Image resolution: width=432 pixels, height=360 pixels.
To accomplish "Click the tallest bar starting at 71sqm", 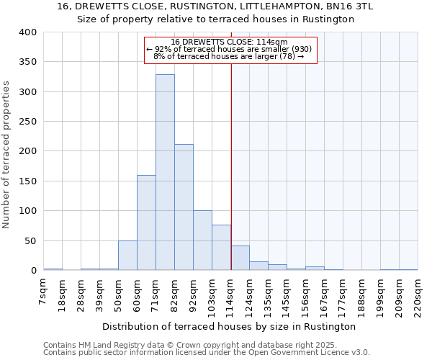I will (x=165, y=173).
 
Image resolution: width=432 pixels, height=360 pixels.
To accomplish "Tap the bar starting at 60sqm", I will (x=146, y=222).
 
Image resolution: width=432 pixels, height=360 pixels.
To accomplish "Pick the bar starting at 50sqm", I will (x=127, y=256).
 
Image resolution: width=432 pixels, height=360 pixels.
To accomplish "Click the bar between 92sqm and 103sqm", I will (x=202, y=240).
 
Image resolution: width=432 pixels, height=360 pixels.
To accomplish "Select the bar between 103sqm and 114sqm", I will (x=221, y=248).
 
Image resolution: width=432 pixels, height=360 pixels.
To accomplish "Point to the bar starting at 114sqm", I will (x=240, y=258).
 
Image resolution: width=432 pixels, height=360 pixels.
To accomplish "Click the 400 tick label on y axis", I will (x=27, y=32).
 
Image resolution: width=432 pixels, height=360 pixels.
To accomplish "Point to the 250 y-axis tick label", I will (x=27, y=122).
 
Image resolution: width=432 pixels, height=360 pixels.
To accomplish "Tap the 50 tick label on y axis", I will (x=30, y=240).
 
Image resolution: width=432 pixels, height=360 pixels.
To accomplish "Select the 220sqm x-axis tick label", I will (x=418, y=294).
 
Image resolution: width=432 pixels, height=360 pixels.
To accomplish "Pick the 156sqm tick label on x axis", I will (x=306, y=294).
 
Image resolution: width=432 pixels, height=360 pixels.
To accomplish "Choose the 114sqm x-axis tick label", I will (x=231, y=294).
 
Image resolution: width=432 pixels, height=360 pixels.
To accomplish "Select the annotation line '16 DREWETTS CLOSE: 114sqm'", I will (x=230, y=42).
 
